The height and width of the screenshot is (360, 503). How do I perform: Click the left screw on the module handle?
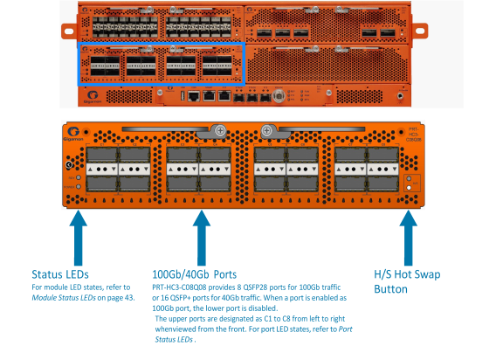pos(221,132)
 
